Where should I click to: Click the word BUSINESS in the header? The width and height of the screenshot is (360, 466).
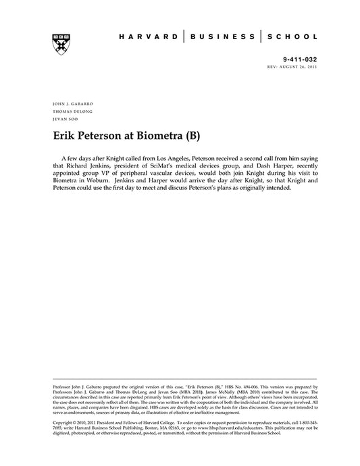coord(222,37)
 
